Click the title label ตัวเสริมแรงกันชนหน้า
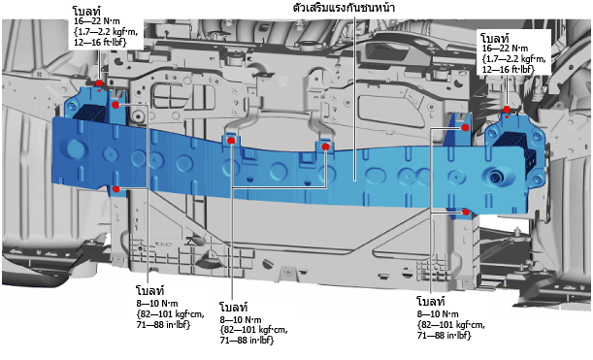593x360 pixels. point(344,7)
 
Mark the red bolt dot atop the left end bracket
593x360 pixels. point(99,83)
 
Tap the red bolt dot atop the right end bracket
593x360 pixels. point(507,110)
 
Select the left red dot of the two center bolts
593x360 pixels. point(231,141)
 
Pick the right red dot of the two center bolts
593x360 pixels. point(325,147)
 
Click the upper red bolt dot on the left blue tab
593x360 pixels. point(115,105)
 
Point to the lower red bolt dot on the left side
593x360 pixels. point(116,188)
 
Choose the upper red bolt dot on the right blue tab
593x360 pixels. point(466,128)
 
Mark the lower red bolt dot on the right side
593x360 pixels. point(466,212)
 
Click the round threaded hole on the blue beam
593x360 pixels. point(495,177)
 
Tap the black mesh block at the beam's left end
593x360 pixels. point(90,112)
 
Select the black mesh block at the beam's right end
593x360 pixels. point(515,146)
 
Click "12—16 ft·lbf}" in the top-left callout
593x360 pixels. point(100,42)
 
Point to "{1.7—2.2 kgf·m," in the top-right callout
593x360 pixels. point(514,58)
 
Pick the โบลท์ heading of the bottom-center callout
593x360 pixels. point(234,307)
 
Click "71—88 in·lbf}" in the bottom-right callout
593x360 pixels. point(444,335)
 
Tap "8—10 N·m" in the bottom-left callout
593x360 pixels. point(157,304)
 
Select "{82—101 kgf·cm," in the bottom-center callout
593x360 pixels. point(253,330)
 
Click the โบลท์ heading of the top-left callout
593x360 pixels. point(87,12)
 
